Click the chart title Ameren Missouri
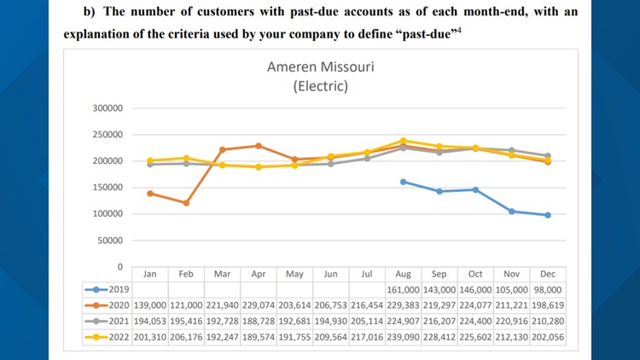coord(319,67)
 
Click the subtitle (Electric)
coord(319,85)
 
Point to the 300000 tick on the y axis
coord(107,108)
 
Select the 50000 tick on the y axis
coord(109,241)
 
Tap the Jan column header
coord(149,275)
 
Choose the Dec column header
coord(547,275)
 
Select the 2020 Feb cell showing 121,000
coord(185,305)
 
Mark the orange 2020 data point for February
coord(186,203)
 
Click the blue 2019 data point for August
coord(403,182)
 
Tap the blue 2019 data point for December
coord(547,215)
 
